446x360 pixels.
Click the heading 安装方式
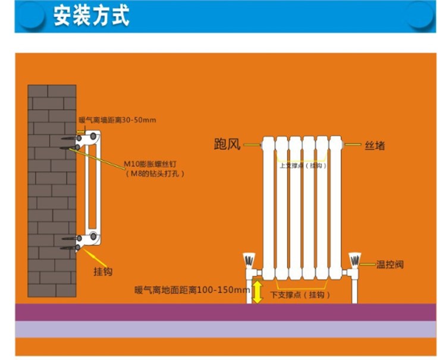click(x=91, y=16)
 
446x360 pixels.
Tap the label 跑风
click(x=227, y=144)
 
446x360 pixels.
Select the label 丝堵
click(x=374, y=145)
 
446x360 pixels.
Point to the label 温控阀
click(x=390, y=264)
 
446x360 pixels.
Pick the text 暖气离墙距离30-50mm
click(x=117, y=120)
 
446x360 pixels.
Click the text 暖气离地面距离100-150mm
click(x=192, y=290)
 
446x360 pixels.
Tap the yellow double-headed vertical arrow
click(x=257, y=292)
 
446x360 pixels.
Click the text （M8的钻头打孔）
click(x=156, y=173)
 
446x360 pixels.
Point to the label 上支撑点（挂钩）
click(x=301, y=165)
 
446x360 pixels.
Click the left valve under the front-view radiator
click(x=249, y=262)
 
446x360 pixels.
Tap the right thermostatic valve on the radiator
click(x=354, y=262)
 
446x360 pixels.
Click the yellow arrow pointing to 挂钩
click(x=95, y=257)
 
